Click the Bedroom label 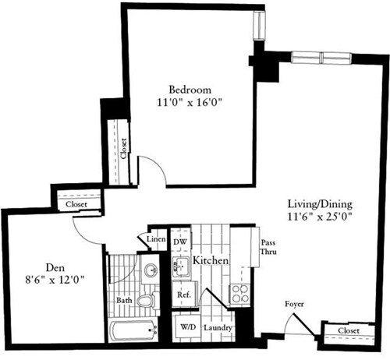(190, 89)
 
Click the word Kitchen (211, 259)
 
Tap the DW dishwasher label (180, 242)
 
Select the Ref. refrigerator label (184, 295)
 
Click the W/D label (188, 328)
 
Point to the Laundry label (218, 328)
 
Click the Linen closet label (155, 238)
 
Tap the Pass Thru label (268, 249)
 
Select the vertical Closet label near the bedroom (123, 147)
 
